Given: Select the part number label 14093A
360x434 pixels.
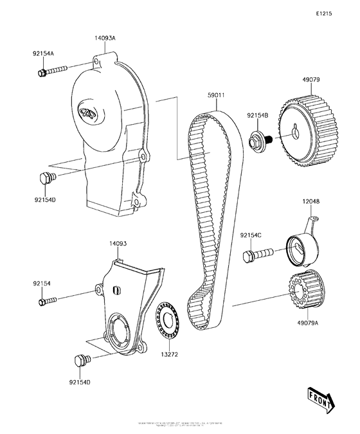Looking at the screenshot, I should pyautogui.click(x=106, y=38).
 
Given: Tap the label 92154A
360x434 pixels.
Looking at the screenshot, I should pyautogui.click(x=44, y=55).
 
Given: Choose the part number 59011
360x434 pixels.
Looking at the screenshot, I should pyautogui.click(x=215, y=96).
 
